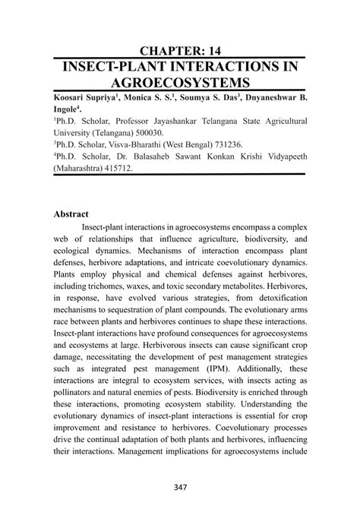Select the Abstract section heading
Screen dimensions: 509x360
72,215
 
